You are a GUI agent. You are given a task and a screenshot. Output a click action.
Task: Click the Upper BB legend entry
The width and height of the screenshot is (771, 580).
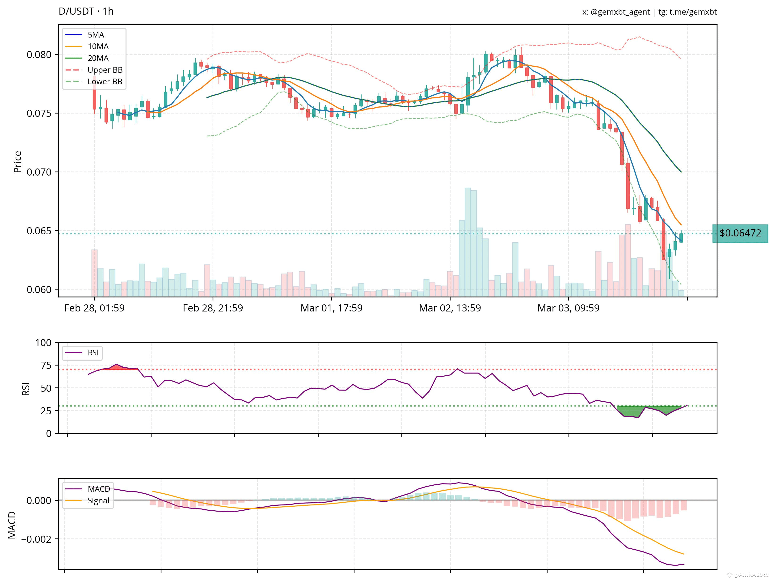pyautogui.click(x=105, y=70)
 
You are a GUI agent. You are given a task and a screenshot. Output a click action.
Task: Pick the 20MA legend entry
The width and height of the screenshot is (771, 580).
pyautogui.click(x=98, y=58)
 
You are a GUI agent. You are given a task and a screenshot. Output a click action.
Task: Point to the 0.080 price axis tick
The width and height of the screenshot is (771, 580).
pyautogui.click(x=39, y=55)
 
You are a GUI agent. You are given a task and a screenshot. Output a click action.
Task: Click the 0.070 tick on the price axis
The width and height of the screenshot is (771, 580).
pyautogui.click(x=39, y=172)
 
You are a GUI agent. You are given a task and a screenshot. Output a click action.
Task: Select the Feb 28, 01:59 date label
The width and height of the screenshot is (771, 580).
pyautogui.click(x=94, y=308)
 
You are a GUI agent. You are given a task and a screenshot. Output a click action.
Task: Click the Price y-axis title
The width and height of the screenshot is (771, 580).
pyautogui.click(x=17, y=162)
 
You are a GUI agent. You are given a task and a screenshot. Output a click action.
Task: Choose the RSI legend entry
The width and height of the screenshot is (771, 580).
pyautogui.click(x=93, y=353)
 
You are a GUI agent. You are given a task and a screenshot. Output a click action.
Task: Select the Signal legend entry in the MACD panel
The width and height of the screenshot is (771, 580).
pyautogui.click(x=98, y=501)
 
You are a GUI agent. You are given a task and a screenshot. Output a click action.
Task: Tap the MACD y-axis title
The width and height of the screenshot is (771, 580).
pyautogui.click(x=12, y=525)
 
